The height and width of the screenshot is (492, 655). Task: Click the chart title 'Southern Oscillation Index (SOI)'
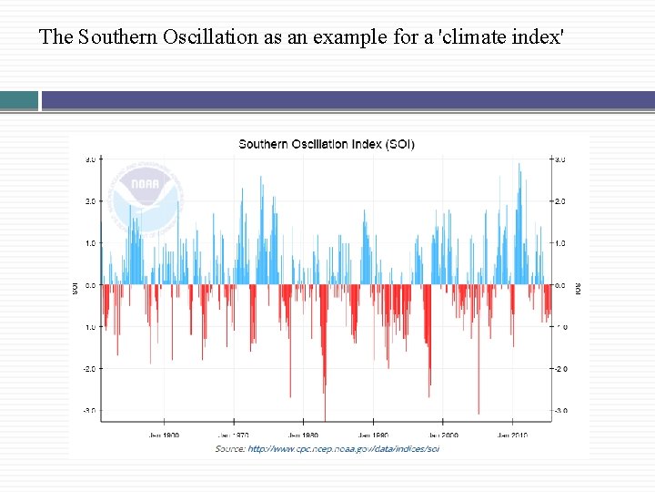pos(327,144)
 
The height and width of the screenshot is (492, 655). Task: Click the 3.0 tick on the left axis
pos(91,159)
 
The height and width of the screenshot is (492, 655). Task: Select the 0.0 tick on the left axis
pos(91,285)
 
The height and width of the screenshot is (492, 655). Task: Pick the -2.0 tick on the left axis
pos(90,369)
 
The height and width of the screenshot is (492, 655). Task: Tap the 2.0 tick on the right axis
pos(559,201)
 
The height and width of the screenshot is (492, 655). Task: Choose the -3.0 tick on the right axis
pos(559,411)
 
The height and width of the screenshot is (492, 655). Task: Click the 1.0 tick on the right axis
pos(559,243)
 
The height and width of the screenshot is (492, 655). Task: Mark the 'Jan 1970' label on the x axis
pos(235,436)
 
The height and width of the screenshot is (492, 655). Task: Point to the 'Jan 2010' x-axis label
pos(513,436)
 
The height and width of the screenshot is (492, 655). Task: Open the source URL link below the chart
pos(343,448)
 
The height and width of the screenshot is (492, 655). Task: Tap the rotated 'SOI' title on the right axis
pos(577,288)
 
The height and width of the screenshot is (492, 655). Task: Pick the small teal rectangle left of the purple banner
pos(19,100)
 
